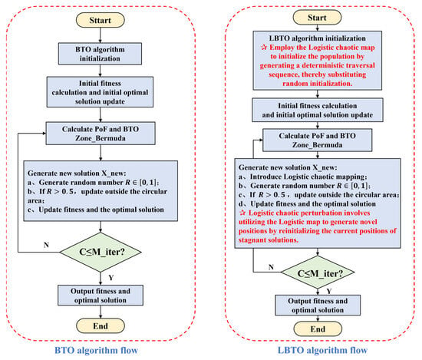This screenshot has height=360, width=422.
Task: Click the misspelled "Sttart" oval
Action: [100, 20]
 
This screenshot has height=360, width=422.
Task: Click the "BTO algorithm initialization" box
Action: [100, 54]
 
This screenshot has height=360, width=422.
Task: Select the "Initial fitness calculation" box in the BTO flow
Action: [100, 92]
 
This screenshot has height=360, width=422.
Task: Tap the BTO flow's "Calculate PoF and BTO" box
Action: [101, 134]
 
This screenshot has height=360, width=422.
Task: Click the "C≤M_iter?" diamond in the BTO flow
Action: [101, 252]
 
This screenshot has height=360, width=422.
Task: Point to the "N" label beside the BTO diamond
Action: [46, 245]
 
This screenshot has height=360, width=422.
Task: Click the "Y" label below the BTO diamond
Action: [111, 278]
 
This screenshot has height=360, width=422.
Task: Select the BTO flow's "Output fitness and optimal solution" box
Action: [101, 296]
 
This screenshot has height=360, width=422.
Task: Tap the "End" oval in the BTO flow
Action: [101, 326]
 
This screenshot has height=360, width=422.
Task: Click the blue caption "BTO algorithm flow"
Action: [97, 350]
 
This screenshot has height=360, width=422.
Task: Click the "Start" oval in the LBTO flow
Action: [317, 18]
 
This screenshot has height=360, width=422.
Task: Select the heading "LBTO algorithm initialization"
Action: [318, 38]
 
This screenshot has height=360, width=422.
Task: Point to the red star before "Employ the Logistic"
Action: [264, 48]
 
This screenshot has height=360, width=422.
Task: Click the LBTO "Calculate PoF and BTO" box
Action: [318, 140]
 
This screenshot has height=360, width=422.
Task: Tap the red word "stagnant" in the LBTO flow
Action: [251, 240]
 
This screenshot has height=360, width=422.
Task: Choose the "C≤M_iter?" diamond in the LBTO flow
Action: [318, 273]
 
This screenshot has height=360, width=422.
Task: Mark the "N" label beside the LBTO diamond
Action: [271, 267]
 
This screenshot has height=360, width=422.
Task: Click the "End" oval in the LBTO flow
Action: [318, 329]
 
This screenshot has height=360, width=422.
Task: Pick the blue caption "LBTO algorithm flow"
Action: [322, 350]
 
